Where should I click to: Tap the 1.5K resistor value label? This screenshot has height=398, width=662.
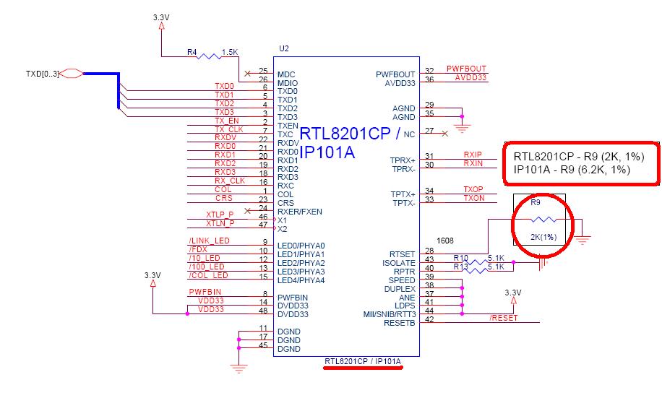tap(230, 52)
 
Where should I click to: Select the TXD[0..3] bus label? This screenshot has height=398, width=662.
tap(40, 72)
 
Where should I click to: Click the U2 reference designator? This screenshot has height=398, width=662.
tap(283, 48)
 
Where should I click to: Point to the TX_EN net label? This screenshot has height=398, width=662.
tap(226, 121)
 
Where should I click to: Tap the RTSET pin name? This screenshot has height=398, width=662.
tap(402, 254)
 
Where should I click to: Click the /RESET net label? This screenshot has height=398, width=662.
tap(504, 318)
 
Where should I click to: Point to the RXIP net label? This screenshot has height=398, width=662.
tap(473, 155)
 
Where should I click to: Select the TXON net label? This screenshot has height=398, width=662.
tap(473, 198)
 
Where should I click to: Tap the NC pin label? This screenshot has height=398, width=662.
tap(410, 134)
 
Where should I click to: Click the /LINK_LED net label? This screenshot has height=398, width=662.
tap(209, 240)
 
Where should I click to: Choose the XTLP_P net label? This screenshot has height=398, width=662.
tap(219, 215)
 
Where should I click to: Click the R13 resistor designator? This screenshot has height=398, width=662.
tap(460, 266)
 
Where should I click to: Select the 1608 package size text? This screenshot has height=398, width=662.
tap(445, 238)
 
